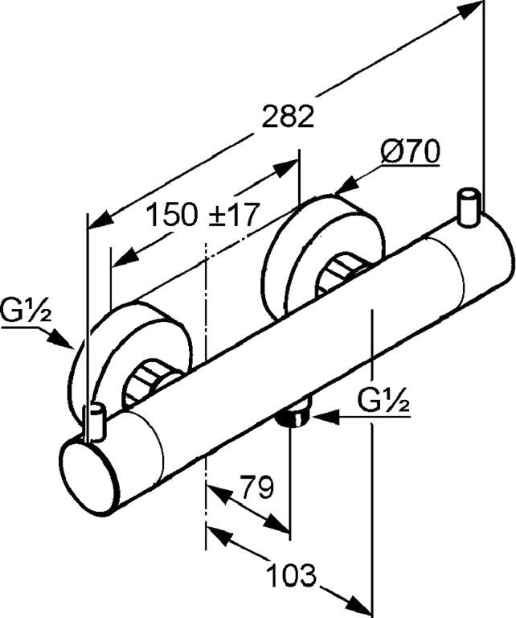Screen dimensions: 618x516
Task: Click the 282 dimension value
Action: (x=286, y=117)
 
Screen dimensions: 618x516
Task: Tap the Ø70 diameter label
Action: (x=410, y=152)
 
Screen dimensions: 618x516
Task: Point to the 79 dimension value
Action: (x=257, y=487)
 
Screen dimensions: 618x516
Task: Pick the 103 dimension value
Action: (x=290, y=575)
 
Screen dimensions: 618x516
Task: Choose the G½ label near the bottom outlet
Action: (x=385, y=398)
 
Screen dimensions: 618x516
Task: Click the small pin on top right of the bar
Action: (x=467, y=205)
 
